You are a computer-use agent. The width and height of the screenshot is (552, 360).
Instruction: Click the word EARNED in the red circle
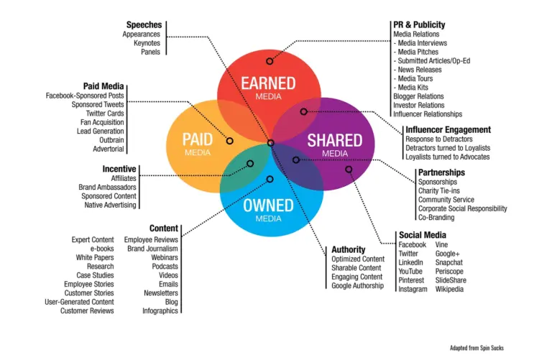click(267, 83)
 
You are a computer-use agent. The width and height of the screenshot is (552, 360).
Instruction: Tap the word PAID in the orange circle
click(197, 139)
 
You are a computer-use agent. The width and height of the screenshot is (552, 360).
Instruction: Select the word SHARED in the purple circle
click(334, 140)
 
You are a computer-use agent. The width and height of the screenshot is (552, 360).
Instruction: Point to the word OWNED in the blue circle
click(268, 206)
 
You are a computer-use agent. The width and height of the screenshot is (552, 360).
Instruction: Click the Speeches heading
click(144, 24)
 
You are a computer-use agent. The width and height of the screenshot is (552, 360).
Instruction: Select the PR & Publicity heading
click(419, 24)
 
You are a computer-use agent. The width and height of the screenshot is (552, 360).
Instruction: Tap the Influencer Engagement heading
click(448, 129)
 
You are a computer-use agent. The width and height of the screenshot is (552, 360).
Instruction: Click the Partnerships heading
click(441, 172)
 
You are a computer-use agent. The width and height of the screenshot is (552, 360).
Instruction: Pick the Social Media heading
click(423, 235)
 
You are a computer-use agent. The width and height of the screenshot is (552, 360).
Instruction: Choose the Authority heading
click(349, 249)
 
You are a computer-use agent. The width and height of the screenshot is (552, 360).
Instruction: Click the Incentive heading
click(119, 169)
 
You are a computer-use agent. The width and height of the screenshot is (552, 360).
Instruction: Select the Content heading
click(164, 229)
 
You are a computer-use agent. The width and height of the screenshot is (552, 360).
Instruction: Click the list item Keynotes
click(147, 43)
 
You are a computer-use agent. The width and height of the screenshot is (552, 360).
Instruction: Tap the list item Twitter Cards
click(105, 114)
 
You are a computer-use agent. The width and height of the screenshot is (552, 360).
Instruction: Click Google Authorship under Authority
click(357, 286)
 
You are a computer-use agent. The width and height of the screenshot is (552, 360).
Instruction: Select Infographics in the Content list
click(161, 311)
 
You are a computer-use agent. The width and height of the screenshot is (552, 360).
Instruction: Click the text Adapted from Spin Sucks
click(477, 348)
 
